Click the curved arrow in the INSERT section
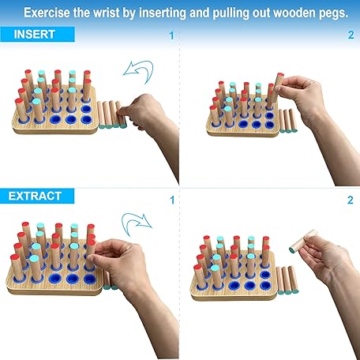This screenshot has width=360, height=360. (139, 73)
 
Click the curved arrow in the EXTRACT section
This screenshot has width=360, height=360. (136, 222)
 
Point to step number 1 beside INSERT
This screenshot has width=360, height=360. (171, 36)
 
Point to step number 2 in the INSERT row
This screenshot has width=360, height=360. (351, 36)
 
